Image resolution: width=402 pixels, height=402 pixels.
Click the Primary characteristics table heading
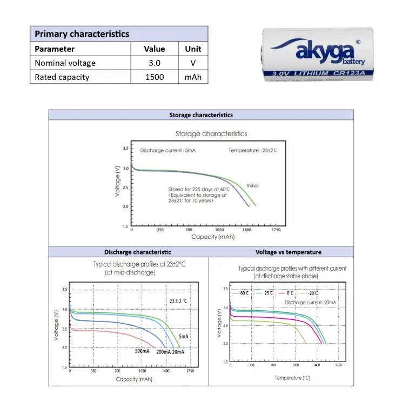pos(82,33)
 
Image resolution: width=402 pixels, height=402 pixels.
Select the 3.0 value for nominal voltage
pos(155,63)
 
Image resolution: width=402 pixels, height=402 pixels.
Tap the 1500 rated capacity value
pos(155,77)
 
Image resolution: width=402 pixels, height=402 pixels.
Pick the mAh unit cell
pos(193,77)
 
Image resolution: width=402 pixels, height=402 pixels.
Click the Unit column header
pos(193,49)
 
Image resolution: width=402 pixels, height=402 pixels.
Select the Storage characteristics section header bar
pos(201,115)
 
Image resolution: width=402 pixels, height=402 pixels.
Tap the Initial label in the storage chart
pos(252,185)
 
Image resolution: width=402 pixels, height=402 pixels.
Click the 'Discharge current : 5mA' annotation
pos(167,150)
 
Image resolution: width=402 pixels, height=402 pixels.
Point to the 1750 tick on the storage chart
pos(276,230)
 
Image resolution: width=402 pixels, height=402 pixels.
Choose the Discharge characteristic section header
pos(137,252)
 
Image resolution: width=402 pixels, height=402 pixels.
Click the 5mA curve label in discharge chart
pos(184,337)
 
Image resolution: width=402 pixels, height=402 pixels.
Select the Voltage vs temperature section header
pos(288,252)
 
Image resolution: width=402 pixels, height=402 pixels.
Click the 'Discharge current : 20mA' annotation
pos(307,303)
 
